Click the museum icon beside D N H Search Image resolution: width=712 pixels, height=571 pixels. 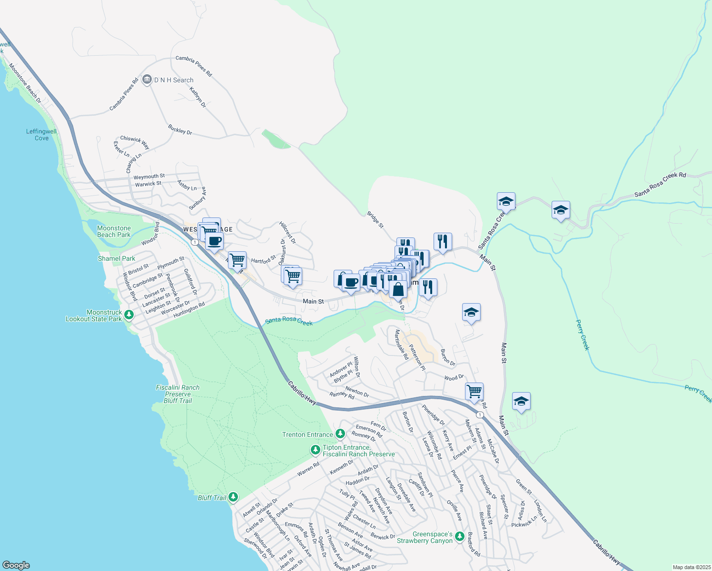coord(147,79)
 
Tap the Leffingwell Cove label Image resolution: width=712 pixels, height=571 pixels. coord(41,135)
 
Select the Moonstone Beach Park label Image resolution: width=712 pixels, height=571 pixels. coord(114,231)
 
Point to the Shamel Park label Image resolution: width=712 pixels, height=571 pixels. coord(117,258)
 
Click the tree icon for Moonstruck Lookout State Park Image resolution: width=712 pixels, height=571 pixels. coord(129,315)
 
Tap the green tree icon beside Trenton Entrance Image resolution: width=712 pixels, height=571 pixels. coord(340,433)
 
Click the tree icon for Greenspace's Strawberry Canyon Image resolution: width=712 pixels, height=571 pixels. coord(459,536)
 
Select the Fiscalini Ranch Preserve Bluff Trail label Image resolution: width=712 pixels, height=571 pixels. coord(178,394)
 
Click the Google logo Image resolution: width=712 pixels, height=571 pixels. coord(16,565)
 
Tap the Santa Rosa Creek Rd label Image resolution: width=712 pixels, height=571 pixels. coord(660,185)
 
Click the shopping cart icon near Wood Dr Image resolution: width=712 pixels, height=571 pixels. coord(475,392)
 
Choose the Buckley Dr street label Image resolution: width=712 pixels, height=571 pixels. coord(180,129)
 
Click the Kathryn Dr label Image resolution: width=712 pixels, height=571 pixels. coord(198,97)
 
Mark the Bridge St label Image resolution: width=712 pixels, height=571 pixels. coord(375,219)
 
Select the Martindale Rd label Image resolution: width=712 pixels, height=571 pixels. coord(401,345)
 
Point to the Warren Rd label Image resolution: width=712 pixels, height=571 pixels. coord(308,469)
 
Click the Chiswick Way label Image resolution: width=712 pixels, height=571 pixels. coord(135,142)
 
